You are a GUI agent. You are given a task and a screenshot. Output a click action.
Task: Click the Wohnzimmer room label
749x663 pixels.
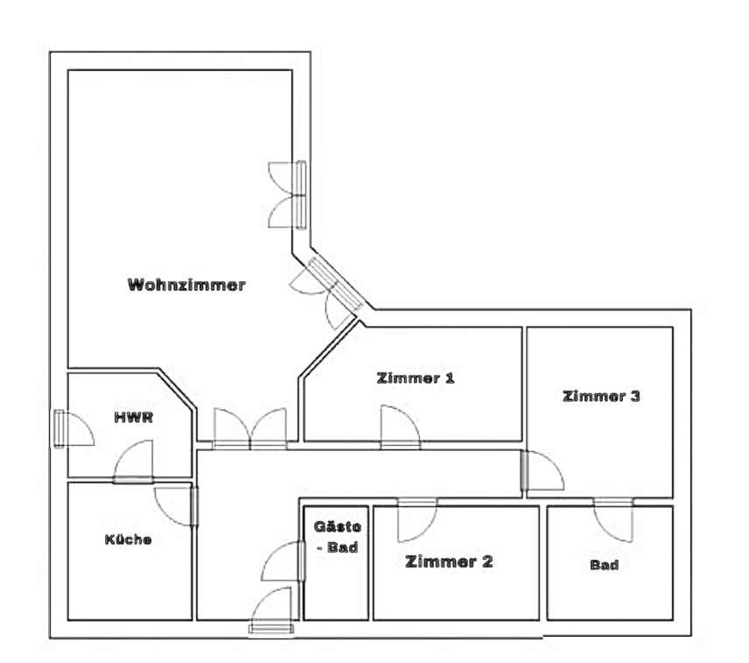[186, 285]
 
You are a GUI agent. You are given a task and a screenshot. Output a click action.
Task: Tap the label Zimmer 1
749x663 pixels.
[415, 378]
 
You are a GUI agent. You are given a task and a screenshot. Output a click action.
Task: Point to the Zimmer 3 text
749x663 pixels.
[601, 396]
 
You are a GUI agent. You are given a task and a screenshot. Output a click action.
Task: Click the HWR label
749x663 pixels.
[133, 417]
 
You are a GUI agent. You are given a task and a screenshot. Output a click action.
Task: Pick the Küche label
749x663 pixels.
[127, 540]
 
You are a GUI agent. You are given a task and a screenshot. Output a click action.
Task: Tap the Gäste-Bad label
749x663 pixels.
[337, 536]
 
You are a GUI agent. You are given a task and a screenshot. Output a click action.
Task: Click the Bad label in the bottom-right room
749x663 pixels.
[604, 565]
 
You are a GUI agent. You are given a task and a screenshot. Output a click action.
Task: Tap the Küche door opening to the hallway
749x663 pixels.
[178, 506]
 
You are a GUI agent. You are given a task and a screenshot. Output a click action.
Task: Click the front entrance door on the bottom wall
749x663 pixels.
[272, 610]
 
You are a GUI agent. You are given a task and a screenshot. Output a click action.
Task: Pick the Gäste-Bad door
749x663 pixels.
[285, 561]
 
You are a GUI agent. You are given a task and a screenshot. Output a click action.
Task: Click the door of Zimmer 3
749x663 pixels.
[542, 470]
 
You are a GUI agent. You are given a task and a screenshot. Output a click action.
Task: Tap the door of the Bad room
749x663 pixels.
[613, 519]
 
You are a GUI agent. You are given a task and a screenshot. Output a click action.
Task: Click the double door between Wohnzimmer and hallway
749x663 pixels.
[250, 430]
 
